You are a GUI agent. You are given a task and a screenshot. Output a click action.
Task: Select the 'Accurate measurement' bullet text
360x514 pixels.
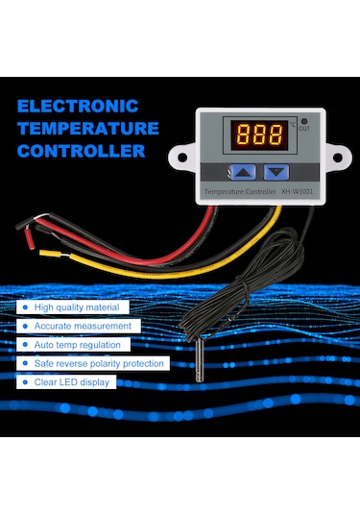point(82,326)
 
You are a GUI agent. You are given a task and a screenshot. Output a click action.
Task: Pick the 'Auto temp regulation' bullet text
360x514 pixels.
point(78,344)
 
